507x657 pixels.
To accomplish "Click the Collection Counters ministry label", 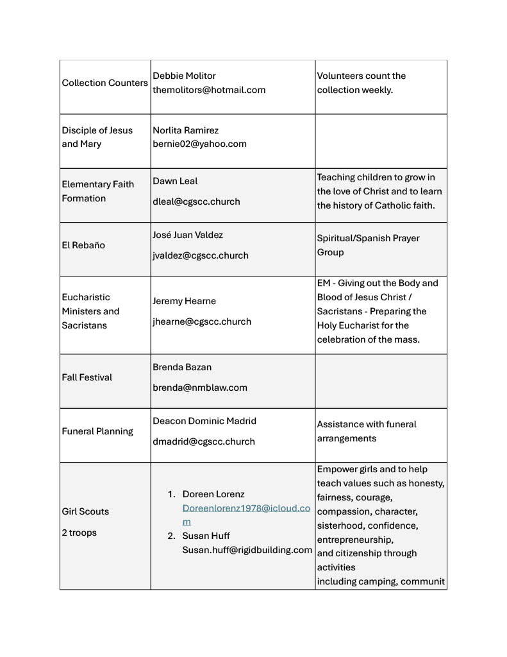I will click(x=104, y=83).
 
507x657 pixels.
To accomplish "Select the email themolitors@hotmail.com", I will click(x=209, y=90).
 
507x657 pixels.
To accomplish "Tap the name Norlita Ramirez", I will click(x=185, y=130).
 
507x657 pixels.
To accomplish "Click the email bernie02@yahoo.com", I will click(x=199, y=144).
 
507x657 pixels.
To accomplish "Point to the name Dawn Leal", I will click(x=175, y=181).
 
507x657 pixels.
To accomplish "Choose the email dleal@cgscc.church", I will click(x=196, y=201).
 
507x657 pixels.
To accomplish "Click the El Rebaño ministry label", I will click(x=83, y=245).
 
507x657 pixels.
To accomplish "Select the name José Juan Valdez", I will click(x=188, y=235).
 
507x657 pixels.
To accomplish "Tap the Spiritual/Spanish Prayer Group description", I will click(x=368, y=245).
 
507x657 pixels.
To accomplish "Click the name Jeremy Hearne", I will click(x=184, y=301).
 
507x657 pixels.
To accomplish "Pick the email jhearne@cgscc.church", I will click(x=202, y=321).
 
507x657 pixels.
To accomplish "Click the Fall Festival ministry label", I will click(x=87, y=377).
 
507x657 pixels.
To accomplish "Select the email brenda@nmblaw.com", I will click(x=200, y=388).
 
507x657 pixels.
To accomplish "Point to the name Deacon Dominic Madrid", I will click(x=204, y=421).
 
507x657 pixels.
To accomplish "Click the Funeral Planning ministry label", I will click(x=97, y=431).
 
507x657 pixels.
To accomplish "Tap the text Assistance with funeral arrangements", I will click(x=366, y=431).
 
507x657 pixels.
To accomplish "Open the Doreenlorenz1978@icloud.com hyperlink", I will click(x=246, y=508).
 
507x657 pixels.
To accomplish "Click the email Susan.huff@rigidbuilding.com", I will click(x=247, y=550).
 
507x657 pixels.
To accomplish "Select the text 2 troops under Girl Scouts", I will click(x=79, y=533).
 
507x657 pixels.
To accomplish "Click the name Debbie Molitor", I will click(x=184, y=76).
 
